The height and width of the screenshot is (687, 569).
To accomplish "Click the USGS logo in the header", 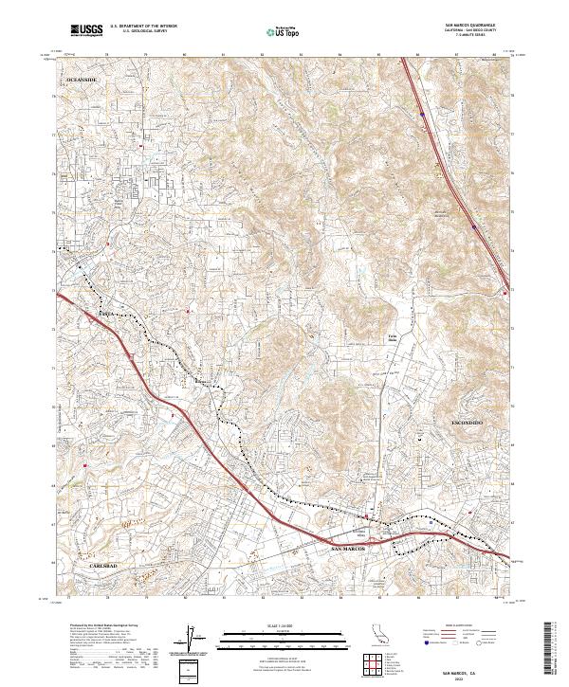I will (86, 30).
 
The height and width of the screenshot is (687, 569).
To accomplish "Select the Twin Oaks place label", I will (392, 336).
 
